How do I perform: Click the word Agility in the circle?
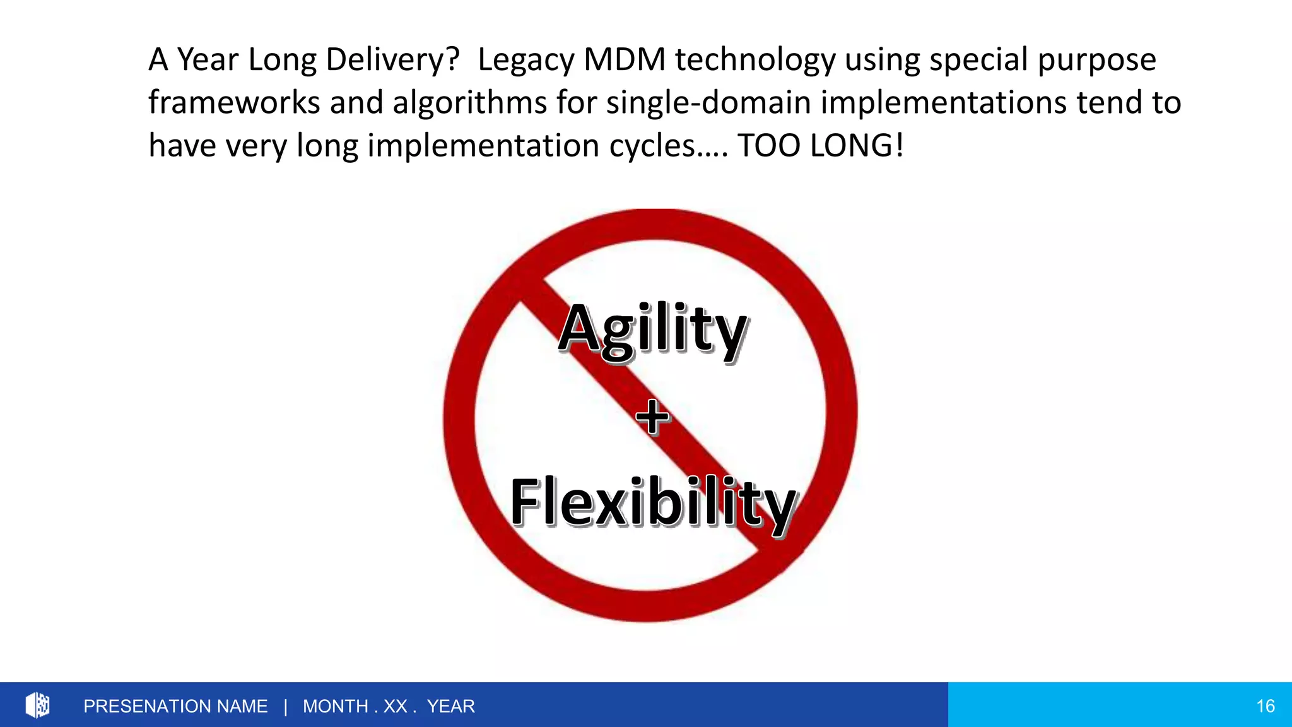pyautogui.click(x=653, y=329)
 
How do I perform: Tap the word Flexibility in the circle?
pyautogui.click(x=653, y=502)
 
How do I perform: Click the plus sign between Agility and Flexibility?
pyautogui.click(x=652, y=417)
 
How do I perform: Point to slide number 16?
pyautogui.click(x=1265, y=706)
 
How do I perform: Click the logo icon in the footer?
pyautogui.click(x=37, y=705)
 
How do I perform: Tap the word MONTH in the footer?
pyautogui.click(x=335, y=706)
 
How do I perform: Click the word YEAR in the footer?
pyautogui.click(x=450, y=706)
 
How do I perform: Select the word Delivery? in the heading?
pyautogui.click(x=392, y=60)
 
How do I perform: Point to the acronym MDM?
pyautogui.click(x=625, y=60)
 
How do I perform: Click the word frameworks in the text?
pyautogui.click(x=234, y=103)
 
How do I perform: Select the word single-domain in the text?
pyautogui.click(x=708, y=103)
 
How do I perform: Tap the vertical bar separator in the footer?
pyautogui.click(x=286, y=706)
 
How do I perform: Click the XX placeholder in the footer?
pyautogui.click(x=396, y=706)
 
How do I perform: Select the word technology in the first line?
pyautogui.click(x=755, y=60)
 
